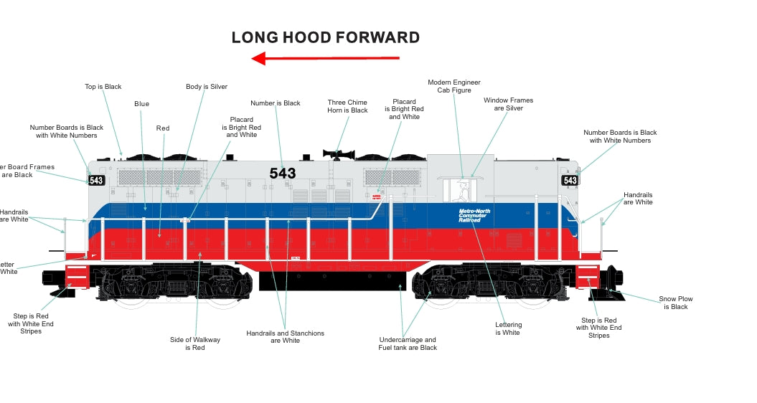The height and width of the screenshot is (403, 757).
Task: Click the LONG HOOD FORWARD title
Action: click(x=325, y=37)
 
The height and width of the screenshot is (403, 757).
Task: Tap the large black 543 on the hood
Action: click(x=282, y=174)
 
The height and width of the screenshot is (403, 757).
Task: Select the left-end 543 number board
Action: click(x=96, y=181)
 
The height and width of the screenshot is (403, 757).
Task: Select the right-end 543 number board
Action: click(x=570, y=181)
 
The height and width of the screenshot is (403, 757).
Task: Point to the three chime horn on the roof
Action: click(x=338, y=153)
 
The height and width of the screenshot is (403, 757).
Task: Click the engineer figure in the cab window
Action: click(x=464, y=191)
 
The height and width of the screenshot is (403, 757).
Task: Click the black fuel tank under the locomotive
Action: click(x=332, y=280)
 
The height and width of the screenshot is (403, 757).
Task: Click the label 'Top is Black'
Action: click(x=103, y=87)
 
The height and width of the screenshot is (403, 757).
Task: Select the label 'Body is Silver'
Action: click(x=207, y=87)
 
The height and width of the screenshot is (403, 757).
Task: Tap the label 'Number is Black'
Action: click(x=276, y=103)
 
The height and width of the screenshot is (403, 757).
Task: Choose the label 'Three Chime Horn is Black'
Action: click(x=347, y=106)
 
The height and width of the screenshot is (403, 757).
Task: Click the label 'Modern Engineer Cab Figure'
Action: click(x=454, y=86)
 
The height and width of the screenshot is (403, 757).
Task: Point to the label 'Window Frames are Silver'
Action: click(x=509, y=104)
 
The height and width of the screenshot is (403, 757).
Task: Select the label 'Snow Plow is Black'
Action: click(x=675, y=303)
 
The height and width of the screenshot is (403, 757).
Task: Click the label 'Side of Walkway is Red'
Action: click(x=195, y=343)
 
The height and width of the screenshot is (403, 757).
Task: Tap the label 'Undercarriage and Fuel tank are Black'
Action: click(x=408, y=343)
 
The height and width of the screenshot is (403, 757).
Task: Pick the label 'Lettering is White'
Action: click(x=508, y=328)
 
